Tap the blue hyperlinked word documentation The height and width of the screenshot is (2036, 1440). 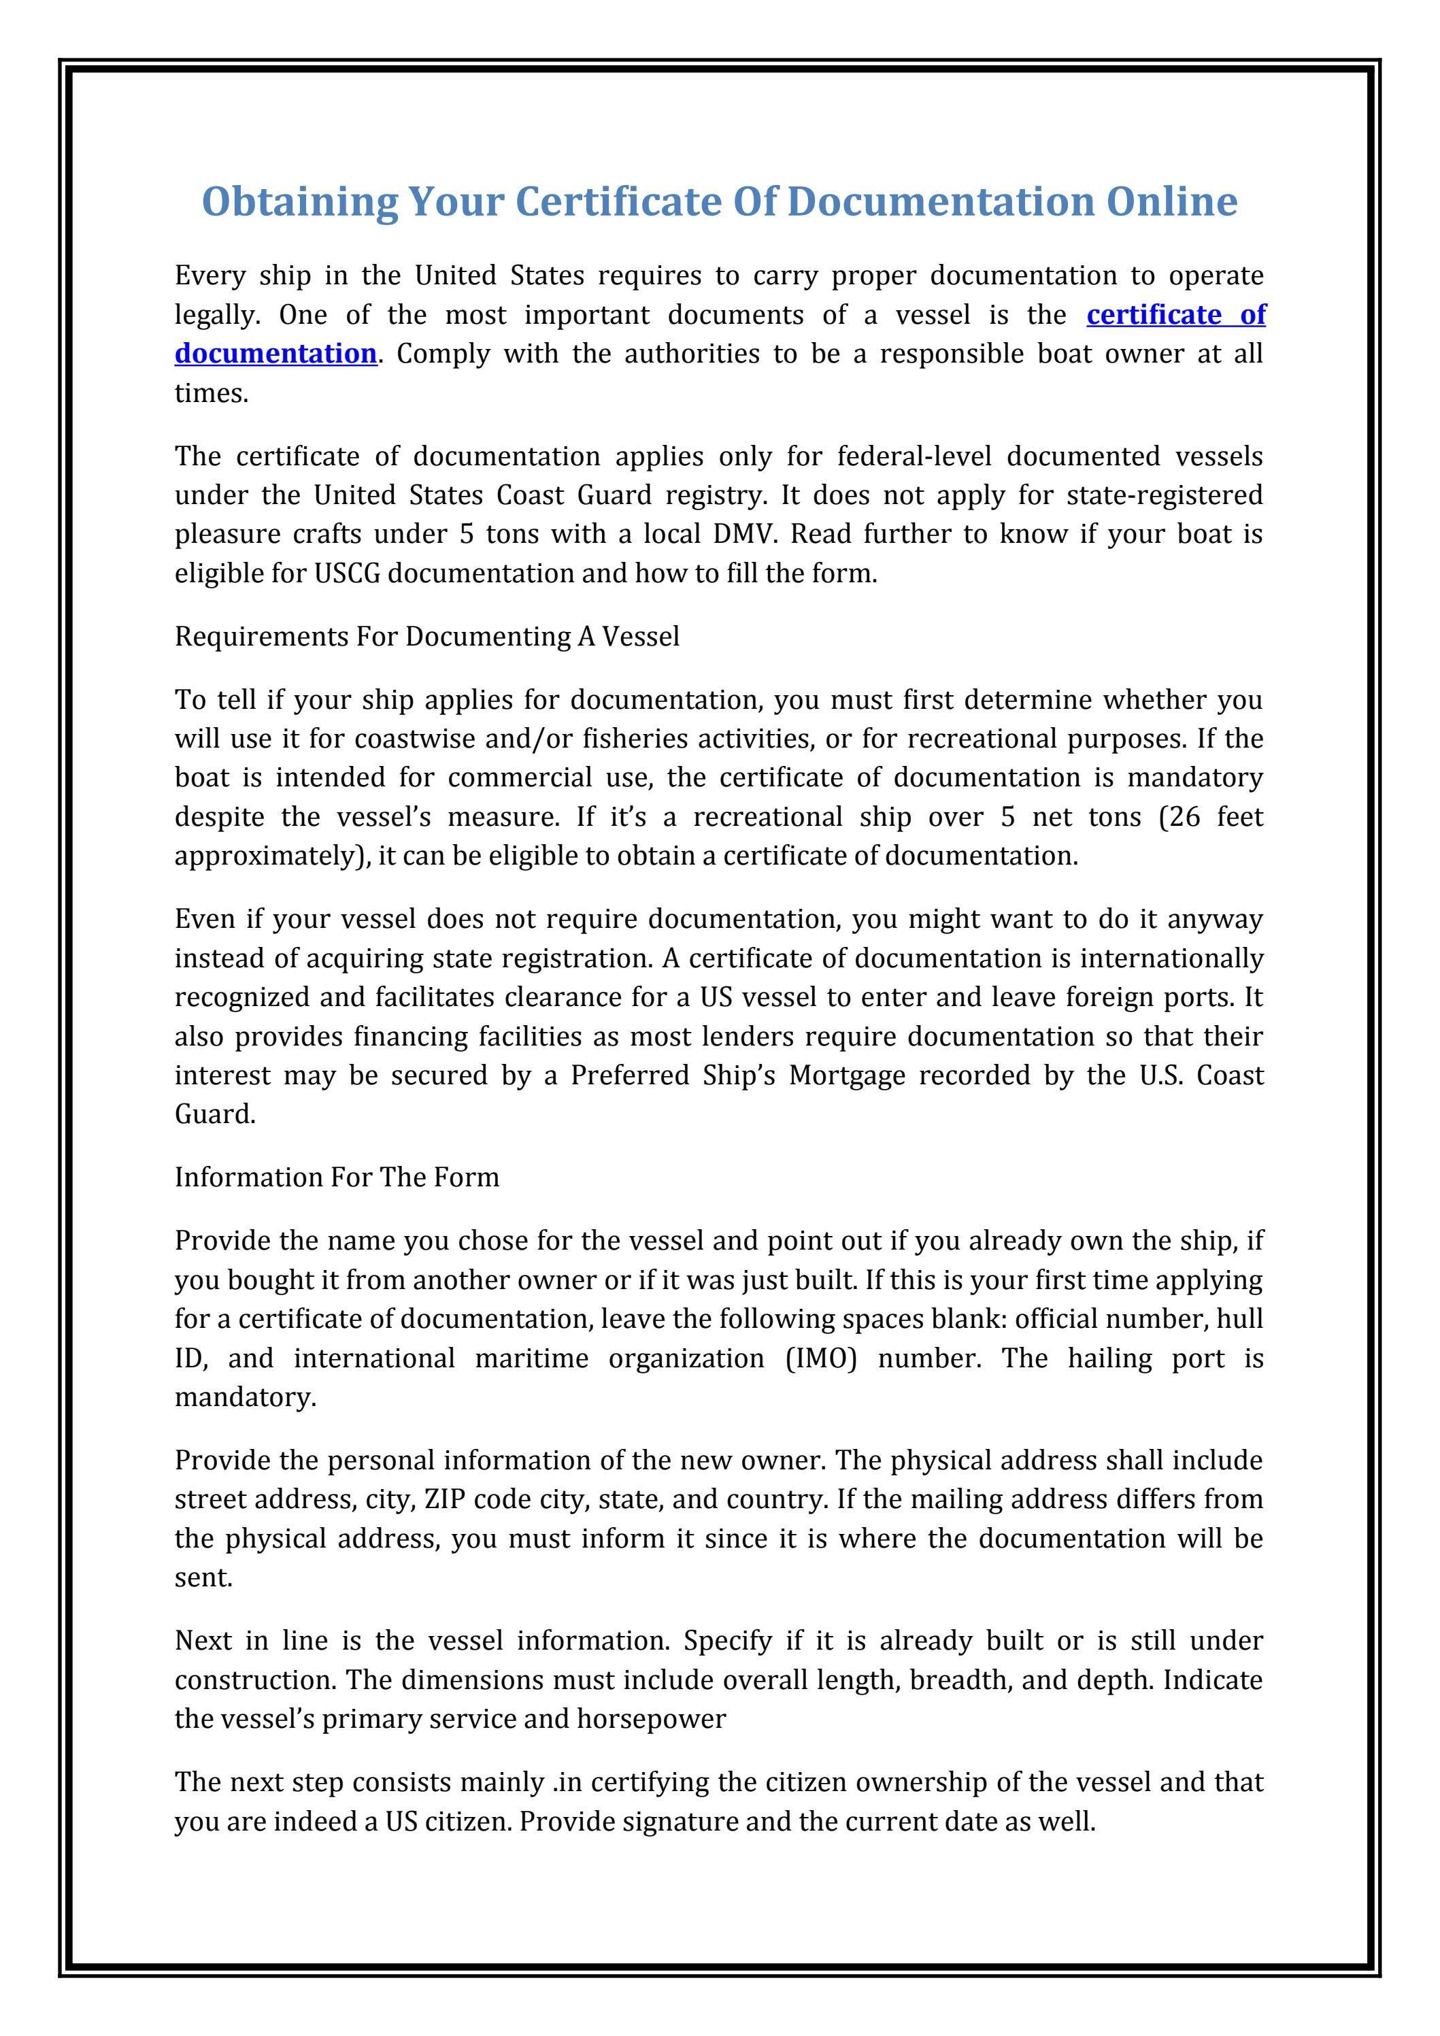pyautogui.click(x=275, y=354)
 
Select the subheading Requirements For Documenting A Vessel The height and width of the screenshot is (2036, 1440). pyautogui.click(x=426, y=637)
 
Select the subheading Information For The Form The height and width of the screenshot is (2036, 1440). pyautogui.click(x=337, y=1178)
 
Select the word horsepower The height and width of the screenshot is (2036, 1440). pyautogui.click(x=651, y=1720)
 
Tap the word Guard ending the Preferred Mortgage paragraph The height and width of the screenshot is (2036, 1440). pyautogui.click(x=214, y=1115)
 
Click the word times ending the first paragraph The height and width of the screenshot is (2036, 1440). pyautogui.click(x=211, y=393)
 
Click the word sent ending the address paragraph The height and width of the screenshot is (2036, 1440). pyautogui.click(x=203, y=1578)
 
